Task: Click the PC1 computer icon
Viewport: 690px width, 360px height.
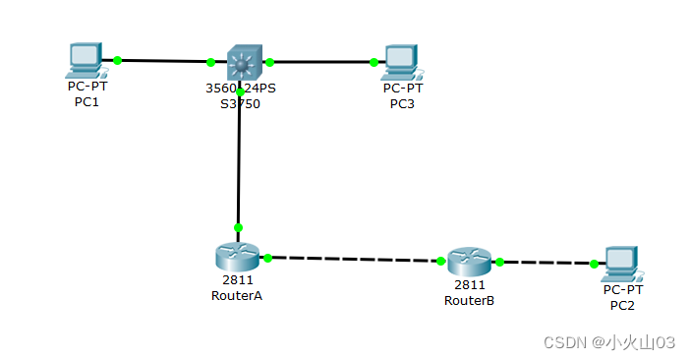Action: pyautogui.click(x=85, y=60)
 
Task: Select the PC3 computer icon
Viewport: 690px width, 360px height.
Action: pyautogui.click(x=399, y=61)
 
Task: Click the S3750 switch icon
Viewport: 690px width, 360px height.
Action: pyautogui.click(x=241, y=62)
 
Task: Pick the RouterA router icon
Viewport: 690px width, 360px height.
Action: pyautogui.click(x=236, y=256)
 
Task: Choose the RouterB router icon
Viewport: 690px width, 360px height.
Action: pyautogui.click(x=469, y=262)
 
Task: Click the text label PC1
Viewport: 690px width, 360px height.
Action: pyautogui.click(x=86, y=101)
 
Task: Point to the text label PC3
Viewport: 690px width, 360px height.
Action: pyautogui.click(x=402, y=103)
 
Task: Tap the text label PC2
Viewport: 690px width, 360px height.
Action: pyautogui.click(x=622, y=305)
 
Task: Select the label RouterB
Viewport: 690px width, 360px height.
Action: pyautogui.click(x=469, y=300)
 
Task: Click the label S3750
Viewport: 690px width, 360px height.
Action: pyautogui.click(x=240, y=103)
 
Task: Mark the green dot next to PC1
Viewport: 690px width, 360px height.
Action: pyautogui.click(x=117, y=60)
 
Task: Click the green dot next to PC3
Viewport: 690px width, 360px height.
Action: pyautogui.click(x=374, y=62)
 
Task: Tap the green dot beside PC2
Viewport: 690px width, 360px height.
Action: pyautogui.click(x=594, y=263)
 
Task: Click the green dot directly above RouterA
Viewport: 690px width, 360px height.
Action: pyautogui.click(x=238, y=226)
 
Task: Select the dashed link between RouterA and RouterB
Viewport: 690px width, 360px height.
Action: pyautogui.click(x=354, y=259)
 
